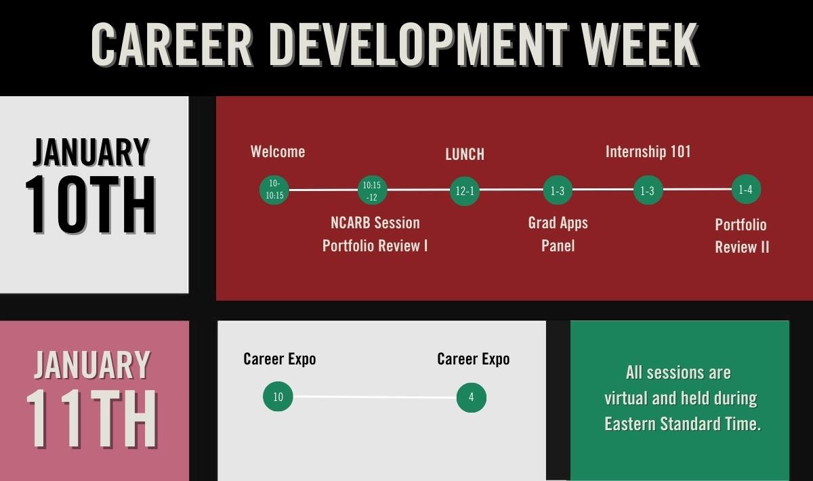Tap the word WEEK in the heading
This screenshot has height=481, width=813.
click(640, 44)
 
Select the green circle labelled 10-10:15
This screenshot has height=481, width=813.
click(274, 190)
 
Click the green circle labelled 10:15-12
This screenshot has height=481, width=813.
click(373, 190)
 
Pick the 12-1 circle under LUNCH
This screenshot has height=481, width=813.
click(465, 190)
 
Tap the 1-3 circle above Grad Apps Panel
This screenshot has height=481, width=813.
click(558, 190)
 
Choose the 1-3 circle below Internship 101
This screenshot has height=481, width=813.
click(648, 190)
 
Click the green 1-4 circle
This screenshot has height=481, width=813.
click(746, 189)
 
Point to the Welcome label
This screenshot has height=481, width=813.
click(278, 152)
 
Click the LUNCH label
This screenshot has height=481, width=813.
click(465, 154)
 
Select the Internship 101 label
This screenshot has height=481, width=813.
click(648, 152)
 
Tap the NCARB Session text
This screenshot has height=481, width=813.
click(375, 223)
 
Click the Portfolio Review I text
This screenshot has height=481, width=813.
click(375, 246)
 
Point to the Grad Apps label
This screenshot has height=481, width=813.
click(558, 223)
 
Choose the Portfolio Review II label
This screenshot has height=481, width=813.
click(742, 236)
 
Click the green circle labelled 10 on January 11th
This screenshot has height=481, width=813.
click(278, 396)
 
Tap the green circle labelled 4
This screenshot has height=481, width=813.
click(472, 398)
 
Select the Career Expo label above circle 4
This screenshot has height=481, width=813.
click(474, 359)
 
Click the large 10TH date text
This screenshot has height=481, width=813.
click(91, 205)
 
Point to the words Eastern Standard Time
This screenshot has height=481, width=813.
click(682, 423)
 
